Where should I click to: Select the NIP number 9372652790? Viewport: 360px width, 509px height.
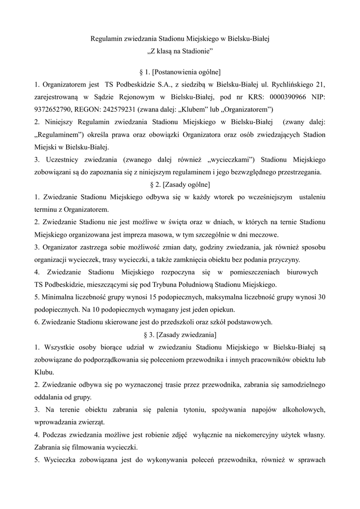point(54,109)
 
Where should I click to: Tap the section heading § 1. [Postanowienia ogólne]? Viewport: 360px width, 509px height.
point(180,72)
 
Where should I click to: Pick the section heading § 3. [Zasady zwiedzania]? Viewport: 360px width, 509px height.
point(180,334)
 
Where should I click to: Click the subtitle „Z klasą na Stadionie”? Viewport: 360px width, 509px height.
point(180,51)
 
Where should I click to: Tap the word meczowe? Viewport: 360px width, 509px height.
point(265,235)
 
